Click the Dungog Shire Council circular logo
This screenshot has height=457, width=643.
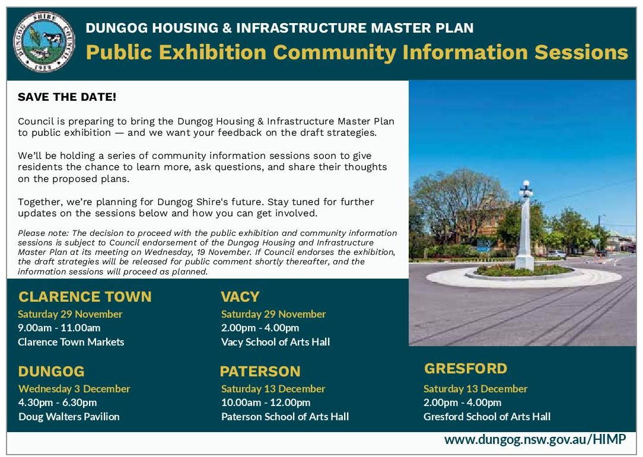tap(43, 43)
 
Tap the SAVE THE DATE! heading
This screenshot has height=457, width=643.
tap(67, 97)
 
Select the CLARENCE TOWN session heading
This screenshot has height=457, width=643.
tap(85, 296)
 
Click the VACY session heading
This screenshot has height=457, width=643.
tap(240, 296)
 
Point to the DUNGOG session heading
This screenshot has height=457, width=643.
tap(51, 372)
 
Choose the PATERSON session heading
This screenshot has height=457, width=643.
tap(260, 372)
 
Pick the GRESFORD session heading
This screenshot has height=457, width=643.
tap(466, 369)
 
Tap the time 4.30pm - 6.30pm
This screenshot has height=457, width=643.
tap(58, 402)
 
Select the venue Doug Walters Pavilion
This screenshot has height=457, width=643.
tap(69, 417)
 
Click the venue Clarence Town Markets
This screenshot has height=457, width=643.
tap(71, 342)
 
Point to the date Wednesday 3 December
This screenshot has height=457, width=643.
tap(74, 389)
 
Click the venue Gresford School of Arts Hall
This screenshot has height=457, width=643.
tap(486, 417)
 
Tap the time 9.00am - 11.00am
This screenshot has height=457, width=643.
tap(59, 328)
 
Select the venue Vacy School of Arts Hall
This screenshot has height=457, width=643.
tap(275, 342)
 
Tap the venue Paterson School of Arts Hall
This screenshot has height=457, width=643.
tap(285, 417)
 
